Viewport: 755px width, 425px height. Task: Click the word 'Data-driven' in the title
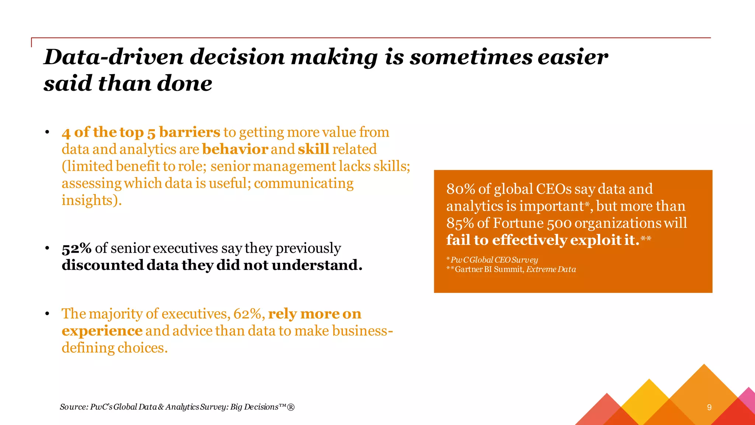coord(114,57)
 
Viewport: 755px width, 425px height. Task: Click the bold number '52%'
coord(77,248)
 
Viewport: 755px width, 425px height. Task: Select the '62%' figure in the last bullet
coord(249,314)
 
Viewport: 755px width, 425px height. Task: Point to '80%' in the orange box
coord(460,189)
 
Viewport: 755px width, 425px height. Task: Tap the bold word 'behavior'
coord(235,149)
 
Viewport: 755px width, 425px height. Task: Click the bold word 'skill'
coord(313,149)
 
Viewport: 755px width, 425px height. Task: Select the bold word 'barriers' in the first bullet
coord(189,132)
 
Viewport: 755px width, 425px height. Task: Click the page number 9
coord(709,407)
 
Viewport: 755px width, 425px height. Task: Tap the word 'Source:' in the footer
coord(74,407)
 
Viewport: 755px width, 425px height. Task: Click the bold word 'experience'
coord(102,331)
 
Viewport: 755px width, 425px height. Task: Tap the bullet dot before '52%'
coord(47,248)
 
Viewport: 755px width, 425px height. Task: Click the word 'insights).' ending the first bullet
coord(91,200)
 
